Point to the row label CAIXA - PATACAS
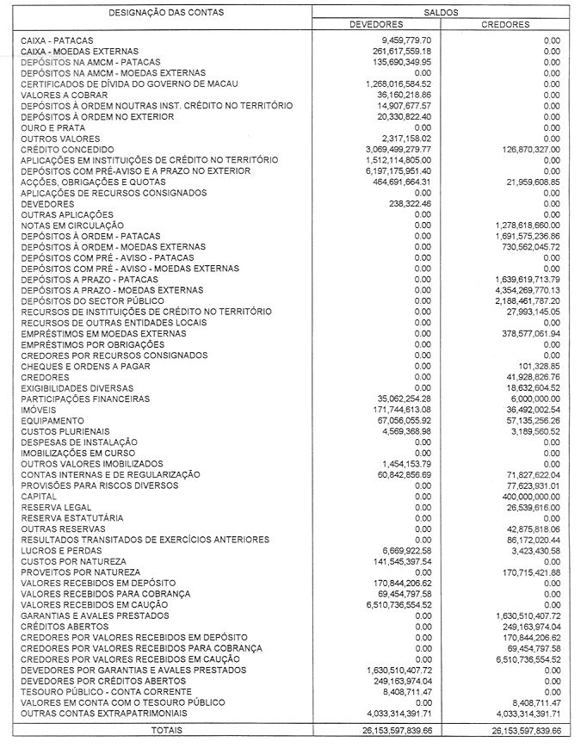pos(57,40)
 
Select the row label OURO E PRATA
pos(53,127)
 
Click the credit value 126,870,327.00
pos(522,149)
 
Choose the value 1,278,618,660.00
pos(518,225)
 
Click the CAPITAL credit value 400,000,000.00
pos(522,497)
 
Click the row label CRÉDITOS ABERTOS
pos(61,627)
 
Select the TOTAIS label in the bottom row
pos(166,730)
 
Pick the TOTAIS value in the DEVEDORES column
pos(386,730)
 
